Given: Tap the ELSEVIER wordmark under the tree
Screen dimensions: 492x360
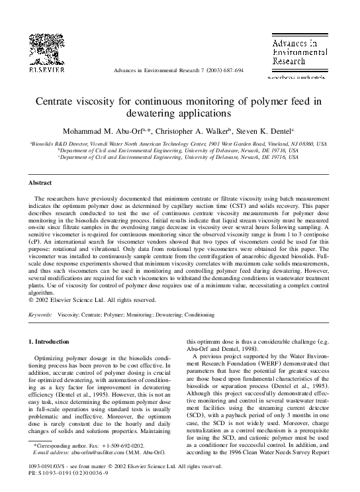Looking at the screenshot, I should (46, 69).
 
